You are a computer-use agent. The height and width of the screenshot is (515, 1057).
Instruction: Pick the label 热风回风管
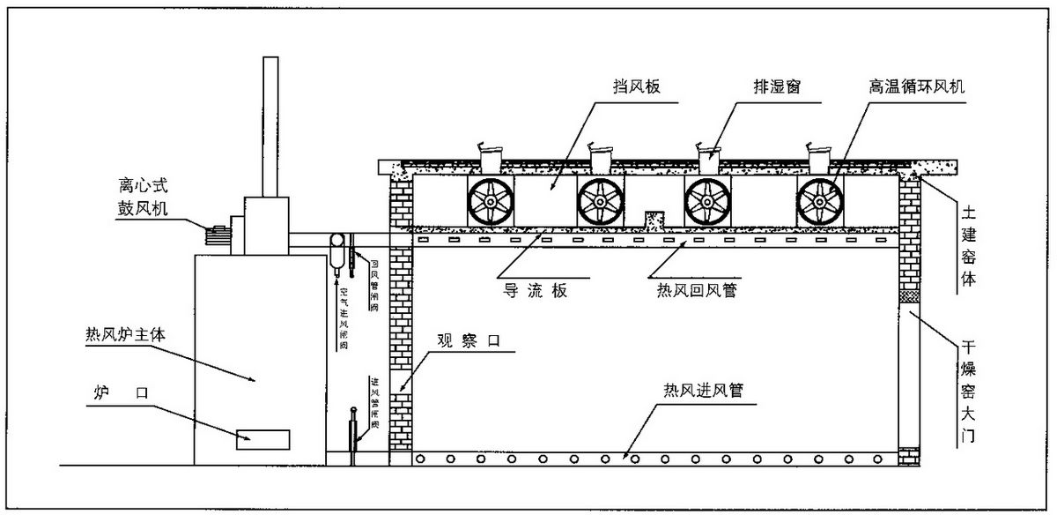[x=697, y=288]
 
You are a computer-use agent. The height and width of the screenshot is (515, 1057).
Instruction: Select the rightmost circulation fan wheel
[x=818, y=201]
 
